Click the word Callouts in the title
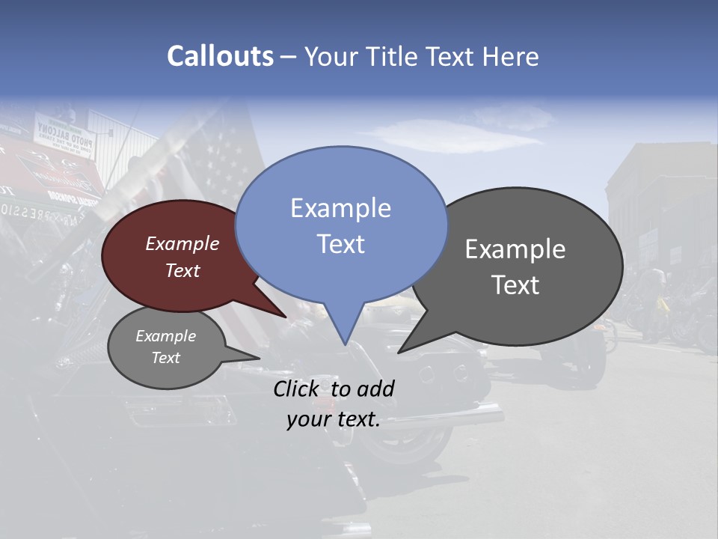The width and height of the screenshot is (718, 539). tap(220, 56)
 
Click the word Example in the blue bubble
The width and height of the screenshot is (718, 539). tap(340, 208)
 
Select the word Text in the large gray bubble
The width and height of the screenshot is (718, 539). tap(515, 285)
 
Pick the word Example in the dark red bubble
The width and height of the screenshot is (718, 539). tap(182, 243)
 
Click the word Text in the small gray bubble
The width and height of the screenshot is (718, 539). tap(166, 358)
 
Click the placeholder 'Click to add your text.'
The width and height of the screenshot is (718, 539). tap(334, 404)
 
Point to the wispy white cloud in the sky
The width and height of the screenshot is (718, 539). tap(456, 135)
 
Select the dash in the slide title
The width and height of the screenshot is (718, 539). tap(289, 57)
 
